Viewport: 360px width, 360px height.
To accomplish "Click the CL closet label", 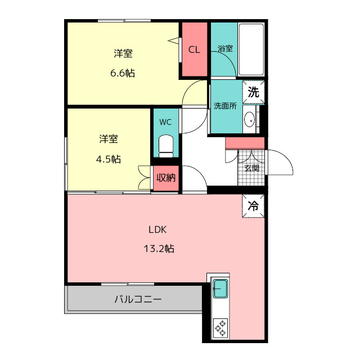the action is (194, 49).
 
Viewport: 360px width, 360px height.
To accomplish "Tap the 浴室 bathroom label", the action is (225, 48).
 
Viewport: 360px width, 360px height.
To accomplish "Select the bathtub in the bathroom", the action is (251, 49).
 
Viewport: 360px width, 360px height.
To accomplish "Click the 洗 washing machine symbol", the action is (254, 92).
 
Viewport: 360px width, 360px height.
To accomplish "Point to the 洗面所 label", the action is (225, 106).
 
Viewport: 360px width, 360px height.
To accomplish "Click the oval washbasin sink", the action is (249, 119).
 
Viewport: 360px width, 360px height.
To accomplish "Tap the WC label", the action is (165, 122).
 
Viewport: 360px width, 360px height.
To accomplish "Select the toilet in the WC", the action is (166, 146).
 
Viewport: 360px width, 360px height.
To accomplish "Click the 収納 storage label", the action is (166, 178).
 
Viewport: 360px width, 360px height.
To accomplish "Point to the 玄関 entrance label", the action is (252, 168).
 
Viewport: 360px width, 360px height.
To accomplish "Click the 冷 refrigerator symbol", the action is (253, 206).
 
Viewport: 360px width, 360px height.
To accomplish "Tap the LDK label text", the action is (157, 229).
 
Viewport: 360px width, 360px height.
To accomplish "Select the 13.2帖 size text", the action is (159, 249).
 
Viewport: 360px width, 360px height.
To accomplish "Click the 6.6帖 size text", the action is (123, 73).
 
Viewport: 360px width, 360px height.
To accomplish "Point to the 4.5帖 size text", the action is (109, 159).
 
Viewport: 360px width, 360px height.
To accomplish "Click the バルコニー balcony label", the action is (138, 299).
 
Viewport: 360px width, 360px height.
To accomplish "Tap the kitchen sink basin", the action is (220, 289).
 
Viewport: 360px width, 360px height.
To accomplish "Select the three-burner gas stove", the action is (220, 328).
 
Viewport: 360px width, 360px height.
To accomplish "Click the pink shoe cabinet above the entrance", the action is (245, 143).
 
